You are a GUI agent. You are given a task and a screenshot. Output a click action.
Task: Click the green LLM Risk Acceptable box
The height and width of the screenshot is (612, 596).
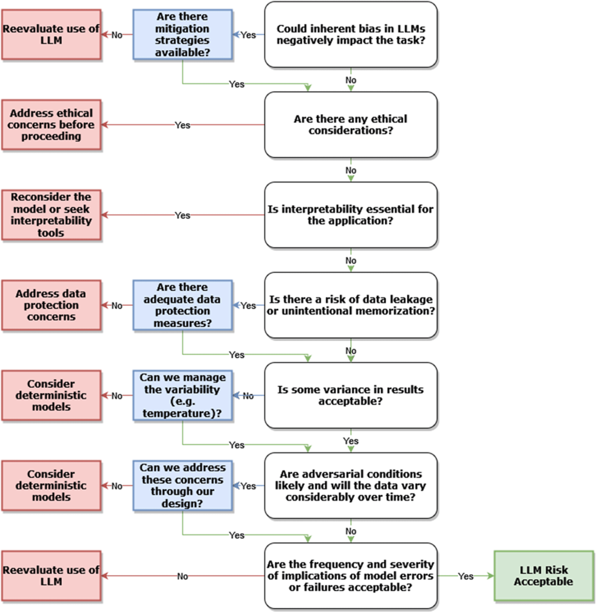click(543, 576)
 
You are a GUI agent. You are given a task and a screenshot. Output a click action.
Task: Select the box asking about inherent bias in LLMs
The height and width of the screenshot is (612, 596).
click(350, 34)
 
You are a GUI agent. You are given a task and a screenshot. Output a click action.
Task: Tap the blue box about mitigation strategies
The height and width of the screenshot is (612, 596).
click(182, 34)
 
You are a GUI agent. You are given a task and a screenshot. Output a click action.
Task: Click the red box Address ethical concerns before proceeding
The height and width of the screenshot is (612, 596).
click(51, 124)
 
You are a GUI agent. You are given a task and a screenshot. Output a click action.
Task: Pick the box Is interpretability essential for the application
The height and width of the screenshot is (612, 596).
click(350, 215)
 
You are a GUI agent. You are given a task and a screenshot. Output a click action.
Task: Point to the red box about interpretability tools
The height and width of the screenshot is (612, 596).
click(51, 215)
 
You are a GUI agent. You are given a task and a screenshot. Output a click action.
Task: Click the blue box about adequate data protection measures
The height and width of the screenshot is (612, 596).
click(182, 305)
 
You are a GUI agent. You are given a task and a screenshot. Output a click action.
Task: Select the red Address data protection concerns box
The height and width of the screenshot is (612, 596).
click(51, 305)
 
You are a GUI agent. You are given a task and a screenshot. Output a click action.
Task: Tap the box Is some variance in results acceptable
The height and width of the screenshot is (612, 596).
click(350, 395)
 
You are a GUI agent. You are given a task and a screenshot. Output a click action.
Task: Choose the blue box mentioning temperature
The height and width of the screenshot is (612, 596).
click(182, 395)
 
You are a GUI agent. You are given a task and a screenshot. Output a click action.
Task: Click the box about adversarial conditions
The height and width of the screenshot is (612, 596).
click(350, 485)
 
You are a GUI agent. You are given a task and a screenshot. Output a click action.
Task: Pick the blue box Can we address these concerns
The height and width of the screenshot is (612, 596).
click(182, 485)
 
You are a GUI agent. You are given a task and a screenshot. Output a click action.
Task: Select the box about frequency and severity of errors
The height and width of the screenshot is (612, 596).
click(350, 576)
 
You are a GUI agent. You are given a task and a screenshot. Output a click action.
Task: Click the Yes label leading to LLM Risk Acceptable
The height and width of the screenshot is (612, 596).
click(465, 576)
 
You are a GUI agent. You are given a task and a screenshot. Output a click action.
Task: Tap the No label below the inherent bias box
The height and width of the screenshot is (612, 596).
click(350, 80)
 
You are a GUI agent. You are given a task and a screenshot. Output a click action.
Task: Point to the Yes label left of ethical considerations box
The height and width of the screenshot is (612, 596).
click(182, 125)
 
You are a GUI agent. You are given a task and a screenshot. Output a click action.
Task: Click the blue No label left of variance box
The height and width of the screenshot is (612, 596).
click(248, 396)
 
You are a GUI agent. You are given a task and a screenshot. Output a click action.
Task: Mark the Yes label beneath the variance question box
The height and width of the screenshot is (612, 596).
click(350, 441)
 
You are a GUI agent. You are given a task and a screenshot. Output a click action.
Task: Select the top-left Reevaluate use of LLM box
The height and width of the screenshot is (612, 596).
click(51, 34)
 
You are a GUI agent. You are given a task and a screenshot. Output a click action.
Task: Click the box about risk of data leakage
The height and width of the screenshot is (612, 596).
click(350, 305)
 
